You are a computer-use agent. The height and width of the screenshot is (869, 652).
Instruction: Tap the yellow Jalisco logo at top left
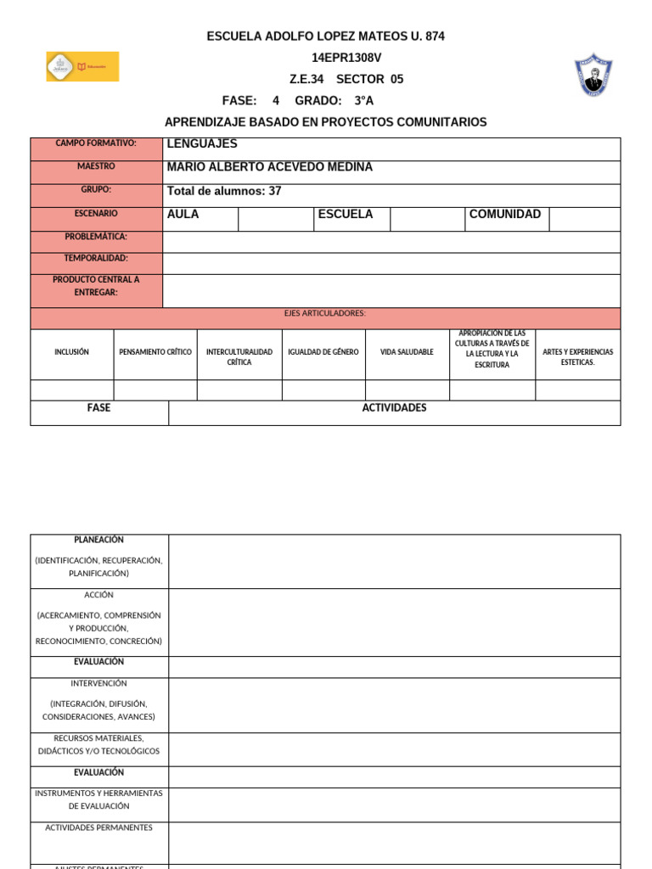[82, 66]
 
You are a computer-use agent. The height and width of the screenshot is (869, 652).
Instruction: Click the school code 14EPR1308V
[346, 58]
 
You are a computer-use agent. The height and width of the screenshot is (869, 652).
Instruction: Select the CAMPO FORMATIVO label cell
[96, 143]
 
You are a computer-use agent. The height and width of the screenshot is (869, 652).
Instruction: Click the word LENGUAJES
[202, 143]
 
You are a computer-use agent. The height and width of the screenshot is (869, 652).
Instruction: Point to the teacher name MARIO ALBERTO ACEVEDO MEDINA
[269, 167]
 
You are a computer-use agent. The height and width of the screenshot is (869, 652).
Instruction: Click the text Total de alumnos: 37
[224, 191]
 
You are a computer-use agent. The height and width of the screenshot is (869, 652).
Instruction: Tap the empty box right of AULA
[276, 219]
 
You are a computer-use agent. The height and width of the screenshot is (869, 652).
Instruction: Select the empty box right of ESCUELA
[427, 219]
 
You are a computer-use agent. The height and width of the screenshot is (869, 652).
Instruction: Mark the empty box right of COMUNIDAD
[584, 219]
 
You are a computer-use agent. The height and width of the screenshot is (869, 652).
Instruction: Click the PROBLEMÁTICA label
[96, 236]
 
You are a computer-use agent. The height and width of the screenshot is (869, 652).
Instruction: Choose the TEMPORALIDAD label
[96, 258]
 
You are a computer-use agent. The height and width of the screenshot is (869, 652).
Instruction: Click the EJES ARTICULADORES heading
[325, 314]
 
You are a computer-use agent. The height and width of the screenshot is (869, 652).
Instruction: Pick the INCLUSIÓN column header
[71, 352]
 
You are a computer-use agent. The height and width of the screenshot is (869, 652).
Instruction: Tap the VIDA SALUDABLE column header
[407, 352]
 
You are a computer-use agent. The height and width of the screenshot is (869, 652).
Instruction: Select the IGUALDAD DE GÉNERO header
[323, 352]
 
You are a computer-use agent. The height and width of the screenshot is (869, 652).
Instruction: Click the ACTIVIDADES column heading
[394, 408]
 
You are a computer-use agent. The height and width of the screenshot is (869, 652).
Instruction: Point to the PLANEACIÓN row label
[98, 540]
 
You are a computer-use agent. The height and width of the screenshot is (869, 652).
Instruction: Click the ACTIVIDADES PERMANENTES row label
[98, 827]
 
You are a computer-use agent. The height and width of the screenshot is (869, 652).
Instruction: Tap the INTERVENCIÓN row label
[98, 683]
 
